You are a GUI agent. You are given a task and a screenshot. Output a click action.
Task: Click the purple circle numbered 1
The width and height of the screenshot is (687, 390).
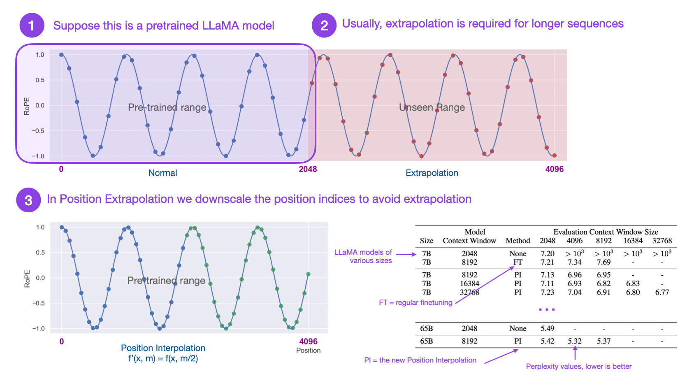pos(32,26)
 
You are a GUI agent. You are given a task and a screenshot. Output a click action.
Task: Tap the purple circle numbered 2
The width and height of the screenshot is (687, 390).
pos(324,26)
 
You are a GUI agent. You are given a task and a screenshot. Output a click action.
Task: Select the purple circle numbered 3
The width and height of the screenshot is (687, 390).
pos(28,200)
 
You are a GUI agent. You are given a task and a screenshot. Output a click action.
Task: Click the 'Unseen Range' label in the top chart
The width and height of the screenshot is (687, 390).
pos(432,107)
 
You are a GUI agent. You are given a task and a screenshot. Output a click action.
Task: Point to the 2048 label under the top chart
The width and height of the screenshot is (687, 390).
pos(308,169)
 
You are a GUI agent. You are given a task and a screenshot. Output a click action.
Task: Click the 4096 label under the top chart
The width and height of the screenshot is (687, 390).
pos(554,169)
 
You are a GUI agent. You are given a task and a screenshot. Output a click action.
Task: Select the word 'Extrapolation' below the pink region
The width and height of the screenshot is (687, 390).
pos(432,173)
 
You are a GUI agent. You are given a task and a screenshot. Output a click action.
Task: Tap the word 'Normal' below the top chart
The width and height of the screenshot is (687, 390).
pos(162,173)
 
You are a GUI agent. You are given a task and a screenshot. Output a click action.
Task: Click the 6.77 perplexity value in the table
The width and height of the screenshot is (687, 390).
pos(662,292)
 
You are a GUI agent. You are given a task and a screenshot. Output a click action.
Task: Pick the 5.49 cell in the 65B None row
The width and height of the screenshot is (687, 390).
pos(547,328)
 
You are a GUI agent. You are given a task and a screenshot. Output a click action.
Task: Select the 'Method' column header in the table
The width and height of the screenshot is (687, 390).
pos(518,241)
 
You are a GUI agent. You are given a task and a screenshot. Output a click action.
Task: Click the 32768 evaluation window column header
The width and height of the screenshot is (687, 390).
pos(662,241)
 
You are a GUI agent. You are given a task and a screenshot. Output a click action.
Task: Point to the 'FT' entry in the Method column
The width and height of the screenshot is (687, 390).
pos(518,262)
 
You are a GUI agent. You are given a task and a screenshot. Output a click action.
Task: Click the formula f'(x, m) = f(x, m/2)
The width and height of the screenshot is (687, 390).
pos(163,358)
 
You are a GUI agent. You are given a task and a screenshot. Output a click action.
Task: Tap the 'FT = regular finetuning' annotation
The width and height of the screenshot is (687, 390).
pos(415,302)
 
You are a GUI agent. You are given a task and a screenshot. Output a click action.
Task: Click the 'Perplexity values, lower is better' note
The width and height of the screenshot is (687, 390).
pos(578,366)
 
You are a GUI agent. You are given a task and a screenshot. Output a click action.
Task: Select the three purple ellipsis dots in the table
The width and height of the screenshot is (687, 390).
pos(547,309)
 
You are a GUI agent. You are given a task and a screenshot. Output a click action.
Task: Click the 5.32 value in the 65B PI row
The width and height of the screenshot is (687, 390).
pos(575,341)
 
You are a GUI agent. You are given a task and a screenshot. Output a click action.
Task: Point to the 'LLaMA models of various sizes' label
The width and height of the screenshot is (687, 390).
pos(363,256)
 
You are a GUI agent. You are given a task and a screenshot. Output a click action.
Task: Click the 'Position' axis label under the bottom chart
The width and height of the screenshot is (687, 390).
pos(308,350)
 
